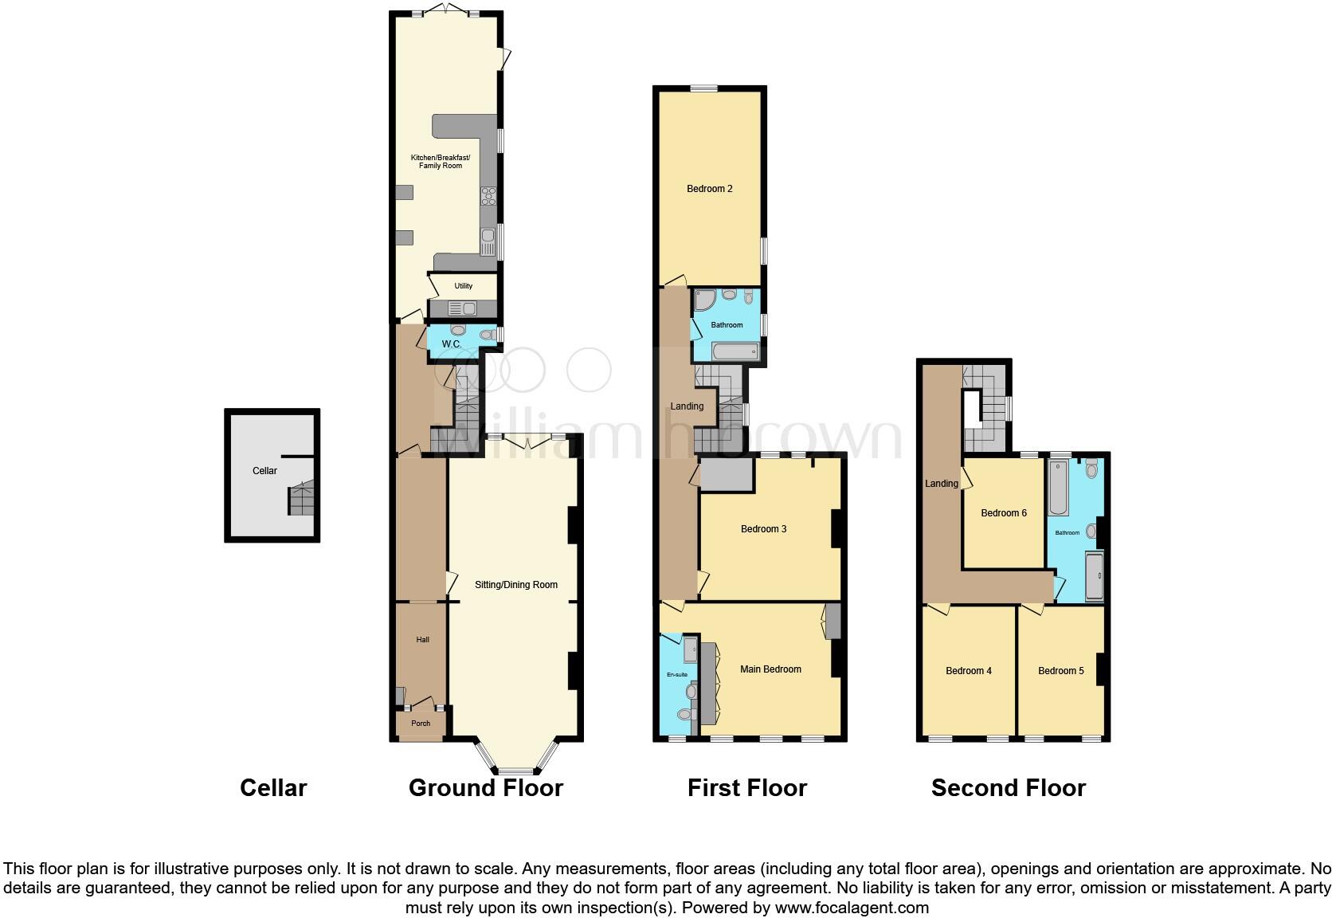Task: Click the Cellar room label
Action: tap(264, 471)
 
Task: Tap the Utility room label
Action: tap(463, 286)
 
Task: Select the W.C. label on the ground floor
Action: tap(451, 344)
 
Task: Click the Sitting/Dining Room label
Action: tap(515, 585)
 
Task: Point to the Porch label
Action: tap(420, 724)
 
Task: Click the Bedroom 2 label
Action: tap(709, 189)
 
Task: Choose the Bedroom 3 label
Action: tap(763, 529)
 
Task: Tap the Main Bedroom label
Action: tap(770, 669)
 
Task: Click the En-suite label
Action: tap(676, 675)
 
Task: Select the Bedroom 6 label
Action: tap(1003, 513)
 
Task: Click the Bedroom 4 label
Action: tap(968, 671)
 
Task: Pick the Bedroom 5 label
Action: tap(1060, 671)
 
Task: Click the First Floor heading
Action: tap(747, 788)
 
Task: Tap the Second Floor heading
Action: tap(1008, 788)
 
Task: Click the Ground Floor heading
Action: tap(485, 788)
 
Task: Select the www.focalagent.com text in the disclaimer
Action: tap(852, 908)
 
